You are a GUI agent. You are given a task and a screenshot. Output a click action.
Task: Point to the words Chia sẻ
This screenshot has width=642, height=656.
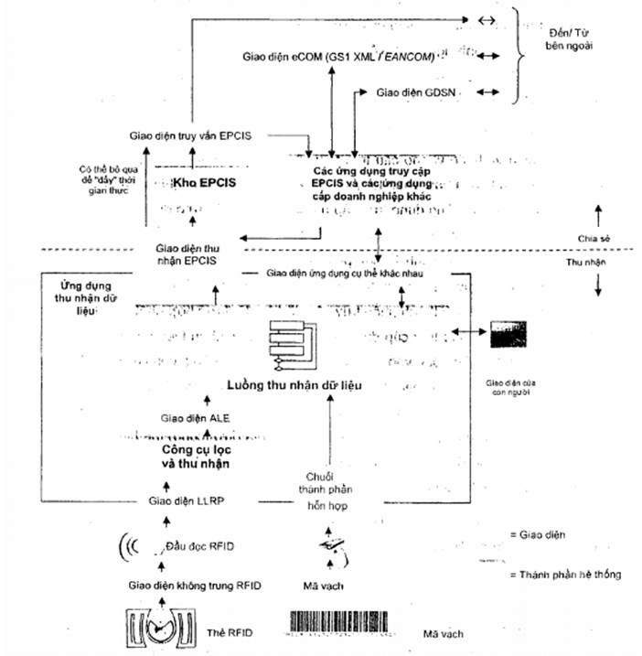594,237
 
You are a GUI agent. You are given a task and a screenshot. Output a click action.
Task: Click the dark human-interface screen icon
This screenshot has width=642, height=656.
510,337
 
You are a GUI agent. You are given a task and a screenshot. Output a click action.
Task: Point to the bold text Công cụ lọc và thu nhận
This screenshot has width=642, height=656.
188,457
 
